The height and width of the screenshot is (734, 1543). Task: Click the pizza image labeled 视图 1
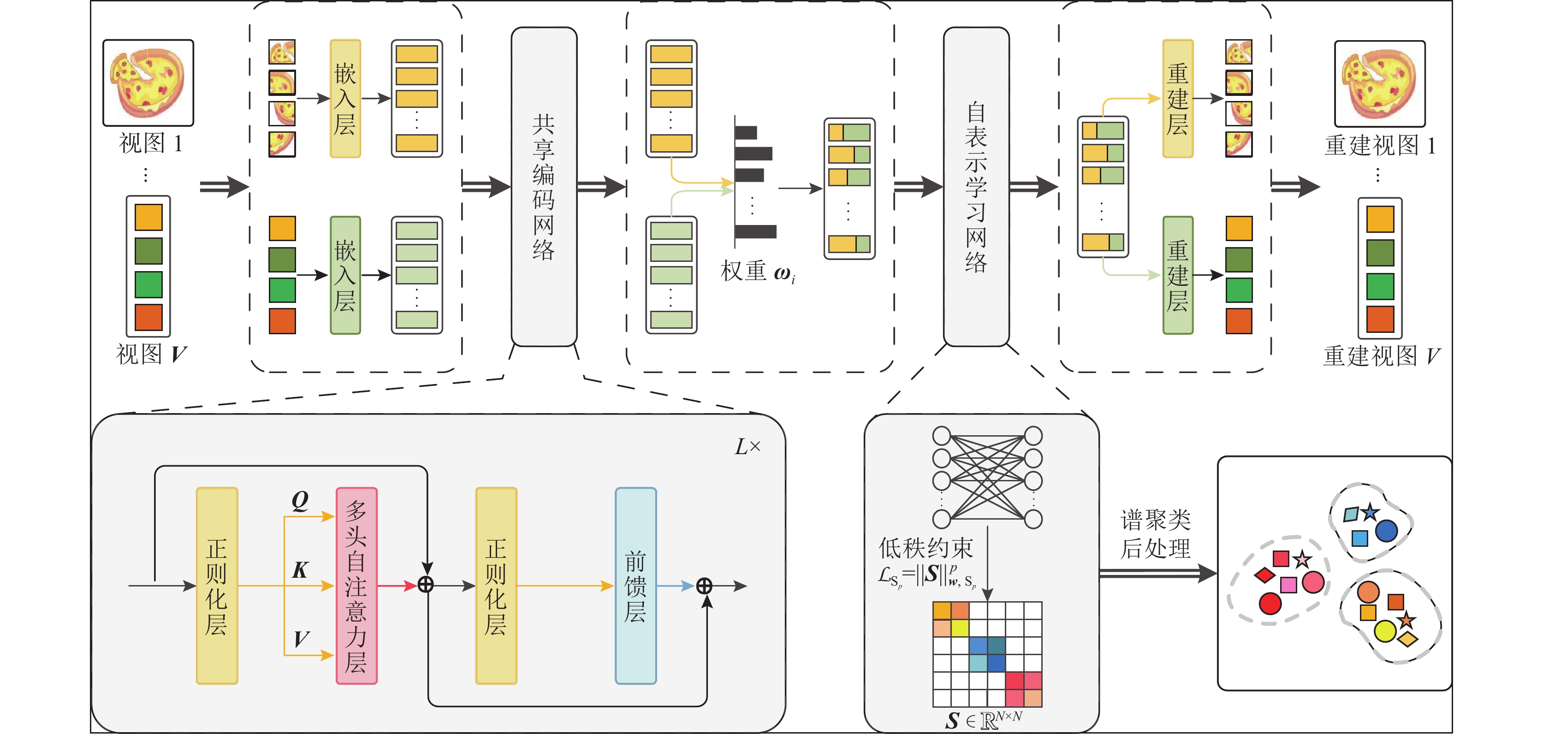[148, 83]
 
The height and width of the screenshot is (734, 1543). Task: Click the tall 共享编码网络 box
[544, 186]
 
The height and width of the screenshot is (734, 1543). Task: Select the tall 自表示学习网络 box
[976, 186]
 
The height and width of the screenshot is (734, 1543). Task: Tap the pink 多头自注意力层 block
[356, 586]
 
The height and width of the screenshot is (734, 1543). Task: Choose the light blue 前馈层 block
[635, 586]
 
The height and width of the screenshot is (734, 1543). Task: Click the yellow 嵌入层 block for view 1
[345, 99]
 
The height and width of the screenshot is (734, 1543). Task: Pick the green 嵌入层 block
[345, 275]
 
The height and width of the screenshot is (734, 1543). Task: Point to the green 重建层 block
[1178, 275]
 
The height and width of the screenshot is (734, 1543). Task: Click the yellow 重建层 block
[1178, 99]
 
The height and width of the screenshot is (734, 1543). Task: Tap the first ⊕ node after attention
[425, 585]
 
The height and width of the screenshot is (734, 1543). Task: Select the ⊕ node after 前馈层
[705, 586]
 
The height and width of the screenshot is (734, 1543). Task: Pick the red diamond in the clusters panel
[1264, 575]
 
